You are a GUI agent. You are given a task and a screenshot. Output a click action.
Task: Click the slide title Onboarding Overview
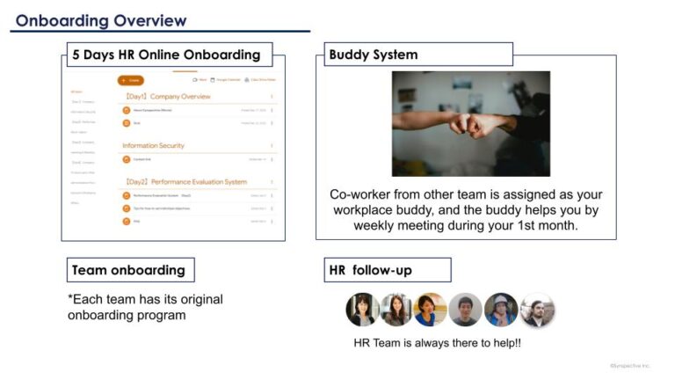[x=101, y=20]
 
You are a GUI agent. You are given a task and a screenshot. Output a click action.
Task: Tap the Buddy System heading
[x=374, y=55]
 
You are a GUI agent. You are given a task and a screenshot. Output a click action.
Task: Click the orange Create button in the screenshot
[x=131, y=80]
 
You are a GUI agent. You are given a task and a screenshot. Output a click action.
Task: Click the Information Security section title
[x=154, y=145]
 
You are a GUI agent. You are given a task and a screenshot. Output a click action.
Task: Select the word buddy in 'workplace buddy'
[x=426, y=209]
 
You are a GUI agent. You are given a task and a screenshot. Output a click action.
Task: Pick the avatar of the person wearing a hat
[x=501, y=310]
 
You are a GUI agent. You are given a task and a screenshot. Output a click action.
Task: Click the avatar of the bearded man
[x=537, y=310]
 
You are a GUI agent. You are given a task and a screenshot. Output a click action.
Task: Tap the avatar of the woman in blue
[x=431, y=310]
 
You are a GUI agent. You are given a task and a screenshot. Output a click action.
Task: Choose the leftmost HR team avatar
[x=362, y=310]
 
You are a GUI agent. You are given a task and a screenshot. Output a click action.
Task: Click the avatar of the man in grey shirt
[x=466, y=310]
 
